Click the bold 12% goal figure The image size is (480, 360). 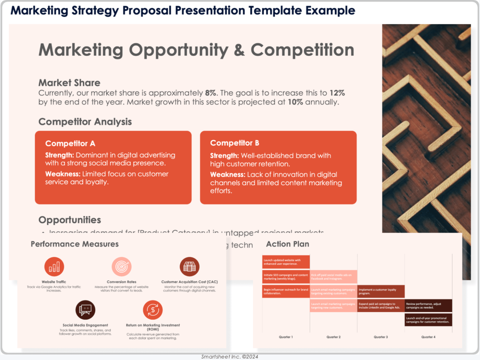337,93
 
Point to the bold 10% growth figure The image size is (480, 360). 295,102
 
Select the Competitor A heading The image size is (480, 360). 70,144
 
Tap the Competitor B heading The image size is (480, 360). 234,143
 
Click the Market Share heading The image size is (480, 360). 69,83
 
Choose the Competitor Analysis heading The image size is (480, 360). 85,122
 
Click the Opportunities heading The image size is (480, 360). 70,220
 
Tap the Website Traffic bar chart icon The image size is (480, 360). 54,267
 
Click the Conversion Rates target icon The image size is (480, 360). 121,267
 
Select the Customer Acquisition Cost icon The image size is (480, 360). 189,267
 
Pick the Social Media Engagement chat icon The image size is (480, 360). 85,310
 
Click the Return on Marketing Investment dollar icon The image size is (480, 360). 153,310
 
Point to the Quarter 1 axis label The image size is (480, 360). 286,337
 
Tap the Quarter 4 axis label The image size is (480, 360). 428,337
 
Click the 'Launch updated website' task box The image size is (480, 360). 286,262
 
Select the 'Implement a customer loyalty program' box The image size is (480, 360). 381,291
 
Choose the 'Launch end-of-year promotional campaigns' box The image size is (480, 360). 428,320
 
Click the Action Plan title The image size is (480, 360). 288,244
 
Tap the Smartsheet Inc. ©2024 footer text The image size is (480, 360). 230,357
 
